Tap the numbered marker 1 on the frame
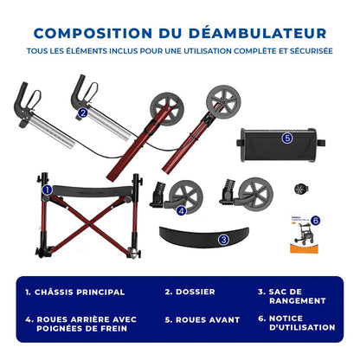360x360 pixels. [48, 189]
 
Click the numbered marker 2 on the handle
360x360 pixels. [83, 112]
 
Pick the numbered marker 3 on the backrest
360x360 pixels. [223, 239]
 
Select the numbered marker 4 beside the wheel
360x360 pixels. [181, 210]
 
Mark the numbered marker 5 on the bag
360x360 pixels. [286, 137]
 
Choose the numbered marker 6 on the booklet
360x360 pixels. [315, 221]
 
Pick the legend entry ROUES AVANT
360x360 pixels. [206, 319]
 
